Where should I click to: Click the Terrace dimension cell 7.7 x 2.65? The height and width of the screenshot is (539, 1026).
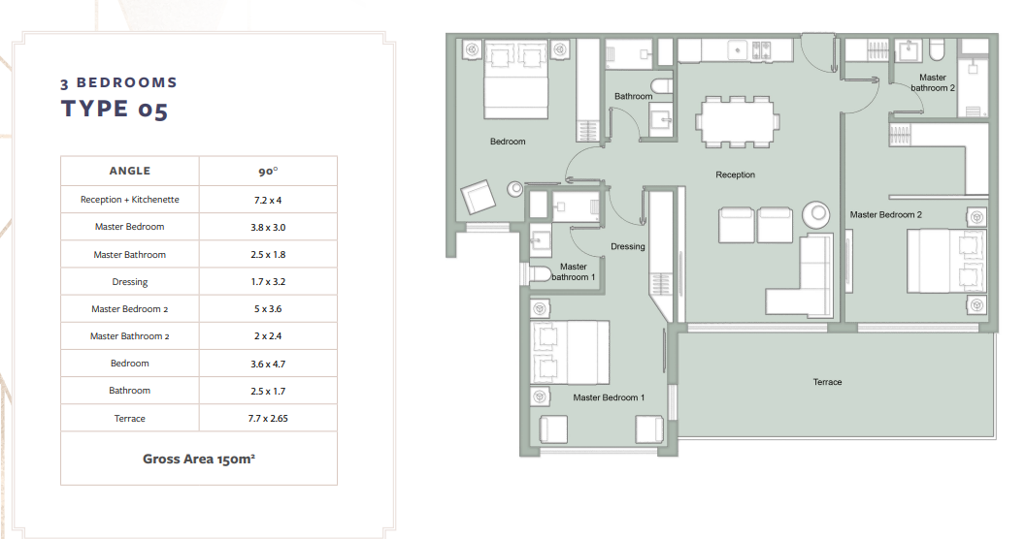[268, 418]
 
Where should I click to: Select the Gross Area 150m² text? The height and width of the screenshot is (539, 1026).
[199, 459]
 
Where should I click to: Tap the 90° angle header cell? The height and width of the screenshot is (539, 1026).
[268, 172]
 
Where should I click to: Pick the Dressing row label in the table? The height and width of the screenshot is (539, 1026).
[129, 281]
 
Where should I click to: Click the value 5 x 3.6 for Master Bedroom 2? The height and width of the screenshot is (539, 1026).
[268, 309]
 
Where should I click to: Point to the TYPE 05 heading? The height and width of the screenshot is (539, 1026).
[115, 110]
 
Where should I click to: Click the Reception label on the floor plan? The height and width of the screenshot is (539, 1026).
[735, 174]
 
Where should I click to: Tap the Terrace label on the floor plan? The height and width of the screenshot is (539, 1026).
[827, 382]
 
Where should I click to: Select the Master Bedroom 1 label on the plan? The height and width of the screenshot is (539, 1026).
[609, 397]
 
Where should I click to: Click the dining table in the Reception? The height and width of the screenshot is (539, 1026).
[738, 121]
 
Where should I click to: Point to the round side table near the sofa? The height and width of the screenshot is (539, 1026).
[816, 213]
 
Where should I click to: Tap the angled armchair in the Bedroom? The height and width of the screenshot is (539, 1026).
[478, 196]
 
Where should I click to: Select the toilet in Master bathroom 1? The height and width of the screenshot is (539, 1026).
[539, 273]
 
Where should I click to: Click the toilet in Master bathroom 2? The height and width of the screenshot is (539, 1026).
[937, 49]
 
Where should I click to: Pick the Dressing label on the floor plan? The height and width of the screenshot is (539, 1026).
[627, 246]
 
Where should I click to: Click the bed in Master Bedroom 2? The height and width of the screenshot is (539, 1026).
[946, 261]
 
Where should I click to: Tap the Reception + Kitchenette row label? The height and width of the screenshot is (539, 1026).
[129, 200]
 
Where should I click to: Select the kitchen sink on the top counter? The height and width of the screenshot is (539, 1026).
[738, 49]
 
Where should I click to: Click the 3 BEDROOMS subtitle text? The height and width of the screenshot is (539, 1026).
[118, 83]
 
